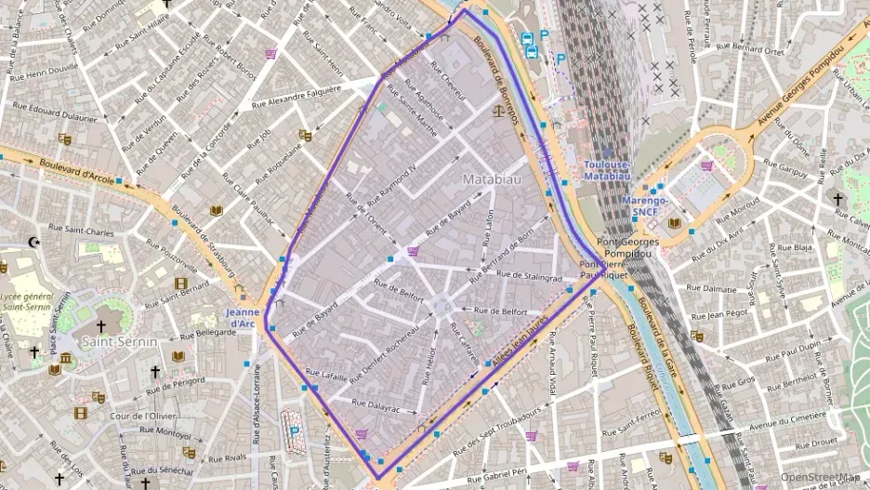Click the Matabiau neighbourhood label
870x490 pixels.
click(492, 175)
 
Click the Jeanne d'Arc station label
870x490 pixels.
click(242, 317)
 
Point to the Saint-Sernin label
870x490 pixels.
click(120, 342)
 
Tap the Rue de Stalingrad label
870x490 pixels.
click(530, 276)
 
